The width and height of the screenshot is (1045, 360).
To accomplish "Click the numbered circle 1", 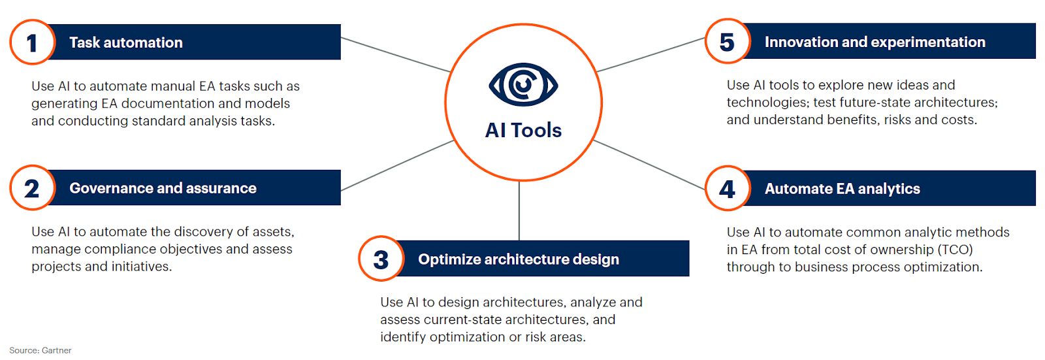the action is pos(32,42).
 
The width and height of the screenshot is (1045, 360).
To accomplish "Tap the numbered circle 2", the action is pos(32,188).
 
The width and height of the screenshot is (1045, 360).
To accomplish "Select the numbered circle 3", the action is pos(381,259).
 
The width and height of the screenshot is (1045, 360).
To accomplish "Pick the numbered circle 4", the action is pos(728,189).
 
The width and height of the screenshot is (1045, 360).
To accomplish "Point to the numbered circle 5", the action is pos(728,42).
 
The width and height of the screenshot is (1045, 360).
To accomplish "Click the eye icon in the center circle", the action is pos(523,84).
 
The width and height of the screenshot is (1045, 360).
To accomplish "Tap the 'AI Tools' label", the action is pos(523,130).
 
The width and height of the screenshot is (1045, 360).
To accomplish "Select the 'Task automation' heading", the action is pos(126,42).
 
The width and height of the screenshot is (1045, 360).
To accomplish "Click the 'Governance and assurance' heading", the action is pos(163,188).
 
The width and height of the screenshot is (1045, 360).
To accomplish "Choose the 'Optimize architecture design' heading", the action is pos(519,259).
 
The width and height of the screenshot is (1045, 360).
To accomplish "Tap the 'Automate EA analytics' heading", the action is pos(842,189).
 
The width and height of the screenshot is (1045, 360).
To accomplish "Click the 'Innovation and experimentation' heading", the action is pos(875,42).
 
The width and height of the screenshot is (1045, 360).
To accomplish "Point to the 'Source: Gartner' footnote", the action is pos(40,350).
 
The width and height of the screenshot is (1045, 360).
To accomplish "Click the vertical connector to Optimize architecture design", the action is pos(519,210).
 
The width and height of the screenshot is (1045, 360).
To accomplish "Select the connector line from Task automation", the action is pos(396,55).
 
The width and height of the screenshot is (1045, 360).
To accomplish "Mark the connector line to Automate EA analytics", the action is pos(649,165).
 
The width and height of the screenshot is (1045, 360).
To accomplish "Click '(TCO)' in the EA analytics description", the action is pos(955,250).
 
